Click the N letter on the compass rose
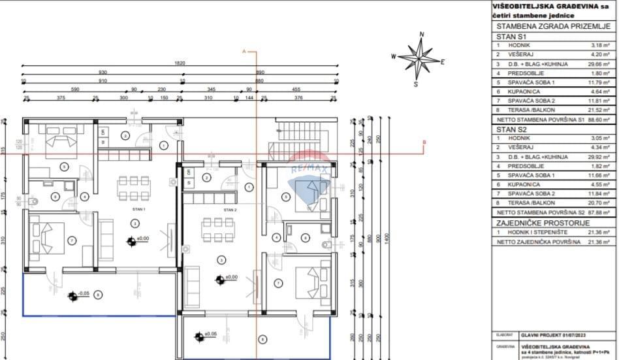(x=422, y=34)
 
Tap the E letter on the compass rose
(x=443, y=63)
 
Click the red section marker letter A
(x=244, y=50)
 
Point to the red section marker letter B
(x=424, y=142)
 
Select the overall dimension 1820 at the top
(x=180, y=63)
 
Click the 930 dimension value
(x=103, y=72)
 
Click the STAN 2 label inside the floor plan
(x=229, y=210)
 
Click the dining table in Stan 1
(x=135, y=187)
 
